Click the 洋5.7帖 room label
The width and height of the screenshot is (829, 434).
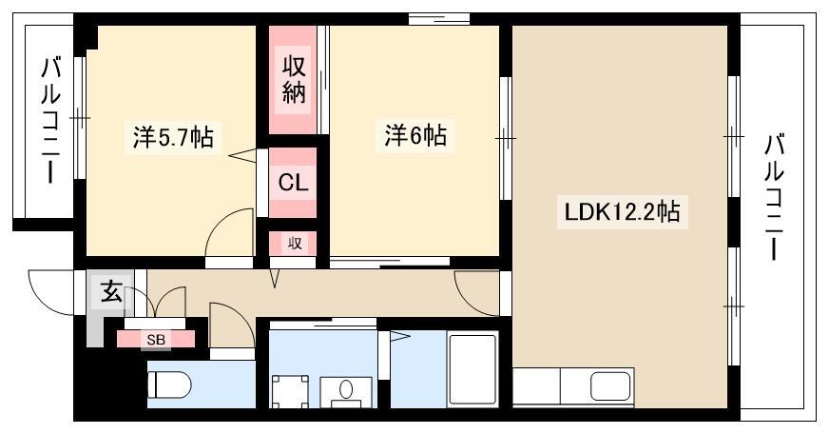[173, 137]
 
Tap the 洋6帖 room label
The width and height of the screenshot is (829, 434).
[415, 135]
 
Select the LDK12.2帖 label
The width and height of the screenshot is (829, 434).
[623, 212]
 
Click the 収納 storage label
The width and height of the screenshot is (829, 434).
[294, 79]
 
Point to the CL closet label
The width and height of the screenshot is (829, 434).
[293, 183]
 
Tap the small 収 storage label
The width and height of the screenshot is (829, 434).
[295, 244]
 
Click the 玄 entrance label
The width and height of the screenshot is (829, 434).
[111, 291]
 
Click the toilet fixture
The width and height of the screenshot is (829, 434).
[168, 384]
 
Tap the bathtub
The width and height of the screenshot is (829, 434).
[472, 369]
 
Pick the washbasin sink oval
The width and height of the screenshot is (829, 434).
[346, 389]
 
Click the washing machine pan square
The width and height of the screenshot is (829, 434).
[290, 392]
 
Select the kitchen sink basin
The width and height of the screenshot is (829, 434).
[610, 387]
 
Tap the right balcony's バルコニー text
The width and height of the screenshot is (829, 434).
[774, 197]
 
